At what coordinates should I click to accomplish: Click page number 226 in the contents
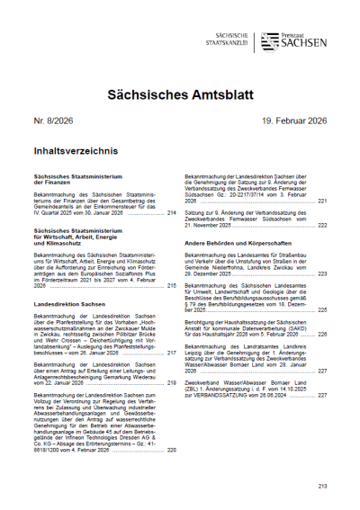322,335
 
